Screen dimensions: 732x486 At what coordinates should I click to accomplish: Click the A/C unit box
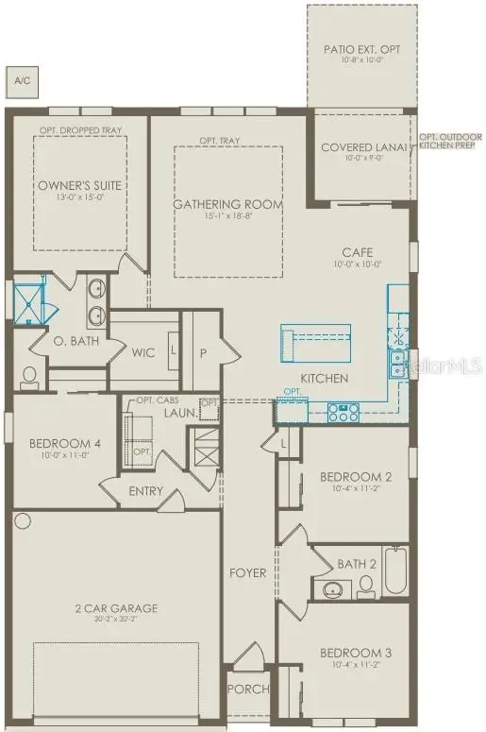(x=21, y=80)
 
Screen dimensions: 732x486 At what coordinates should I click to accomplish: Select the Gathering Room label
(x=227, y=204)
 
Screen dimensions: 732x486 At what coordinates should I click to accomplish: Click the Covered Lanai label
(x=362, y=147)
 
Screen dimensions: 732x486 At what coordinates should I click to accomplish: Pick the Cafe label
(x=358, y=252)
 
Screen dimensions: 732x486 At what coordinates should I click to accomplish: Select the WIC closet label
(x=143, y=352)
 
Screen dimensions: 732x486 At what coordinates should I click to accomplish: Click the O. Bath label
(x=71, y=341)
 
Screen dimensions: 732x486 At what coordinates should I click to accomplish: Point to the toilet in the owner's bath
(x=28, y=377)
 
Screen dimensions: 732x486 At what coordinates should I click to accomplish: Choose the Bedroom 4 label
(x=58, y=444)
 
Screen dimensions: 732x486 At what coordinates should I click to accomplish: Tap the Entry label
(x=145, y=490)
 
